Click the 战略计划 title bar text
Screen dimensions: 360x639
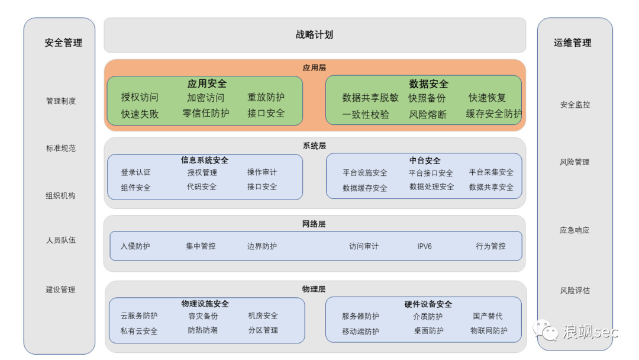(x=314, y=35)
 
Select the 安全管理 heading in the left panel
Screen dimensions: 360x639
(x=63, y=43)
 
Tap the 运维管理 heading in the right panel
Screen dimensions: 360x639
(x=572, y=43)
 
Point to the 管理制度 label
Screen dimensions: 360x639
(x=61, y=101)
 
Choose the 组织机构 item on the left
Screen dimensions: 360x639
(x=61, y=196)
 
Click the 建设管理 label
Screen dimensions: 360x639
(x=61, y=290)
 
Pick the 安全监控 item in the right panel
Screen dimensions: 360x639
(x=575, y=105)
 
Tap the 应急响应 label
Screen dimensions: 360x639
(x=575, y=230)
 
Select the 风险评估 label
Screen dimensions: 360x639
(x=575, y=291)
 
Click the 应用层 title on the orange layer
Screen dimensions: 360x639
(x=314, y=68)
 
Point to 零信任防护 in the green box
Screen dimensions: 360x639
(x=206, y=113)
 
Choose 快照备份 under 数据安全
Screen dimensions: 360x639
(x=427, y=98)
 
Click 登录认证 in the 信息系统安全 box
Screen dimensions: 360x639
(x=135, y=172)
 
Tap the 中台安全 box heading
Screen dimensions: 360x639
(x=425, y=160)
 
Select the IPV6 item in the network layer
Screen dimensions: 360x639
(x=424, y=246)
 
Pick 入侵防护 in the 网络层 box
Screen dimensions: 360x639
(x=135, y=246)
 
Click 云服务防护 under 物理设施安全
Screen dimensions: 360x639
(x=139, y=316)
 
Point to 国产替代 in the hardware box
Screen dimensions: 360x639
(x=488, y=317)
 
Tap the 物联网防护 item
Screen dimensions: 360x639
(x=489, y=331)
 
